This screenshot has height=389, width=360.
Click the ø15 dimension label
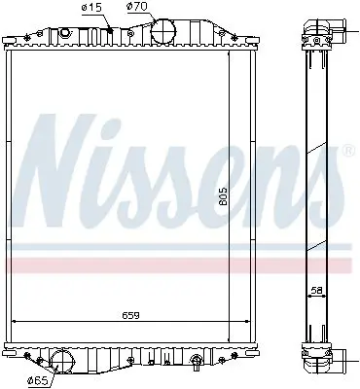click(92, 8)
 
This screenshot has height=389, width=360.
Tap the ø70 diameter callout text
click(137, 6)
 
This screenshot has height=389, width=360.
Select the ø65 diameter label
click(38, 380)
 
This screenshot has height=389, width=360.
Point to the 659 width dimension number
click(130, 315)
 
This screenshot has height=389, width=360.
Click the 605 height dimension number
click(223, 196)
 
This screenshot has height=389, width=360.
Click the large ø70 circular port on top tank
click(163, 31)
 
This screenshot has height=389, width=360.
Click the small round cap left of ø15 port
click(65, 33)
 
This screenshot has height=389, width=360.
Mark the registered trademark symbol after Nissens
click(348, 151)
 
